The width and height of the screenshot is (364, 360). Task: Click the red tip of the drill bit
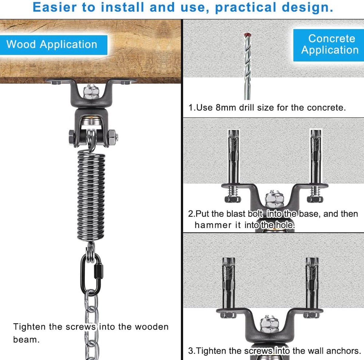pyautogui.click(x=248, y=35)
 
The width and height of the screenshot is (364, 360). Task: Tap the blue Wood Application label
pyautogui.click(x=53, y=45)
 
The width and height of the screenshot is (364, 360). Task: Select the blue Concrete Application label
pyautogui.click(x=329, y=45)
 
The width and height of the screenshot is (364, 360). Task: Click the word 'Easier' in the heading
pyautogui.click(x=55, y=7)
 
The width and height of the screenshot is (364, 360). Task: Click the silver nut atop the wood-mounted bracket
pyautogui.click(x=91, y=92)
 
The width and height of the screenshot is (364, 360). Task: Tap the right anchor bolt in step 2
pyautogui.click(x=315, y=166)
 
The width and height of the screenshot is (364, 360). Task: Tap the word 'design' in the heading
pyautogui.click(x=305, y=8)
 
